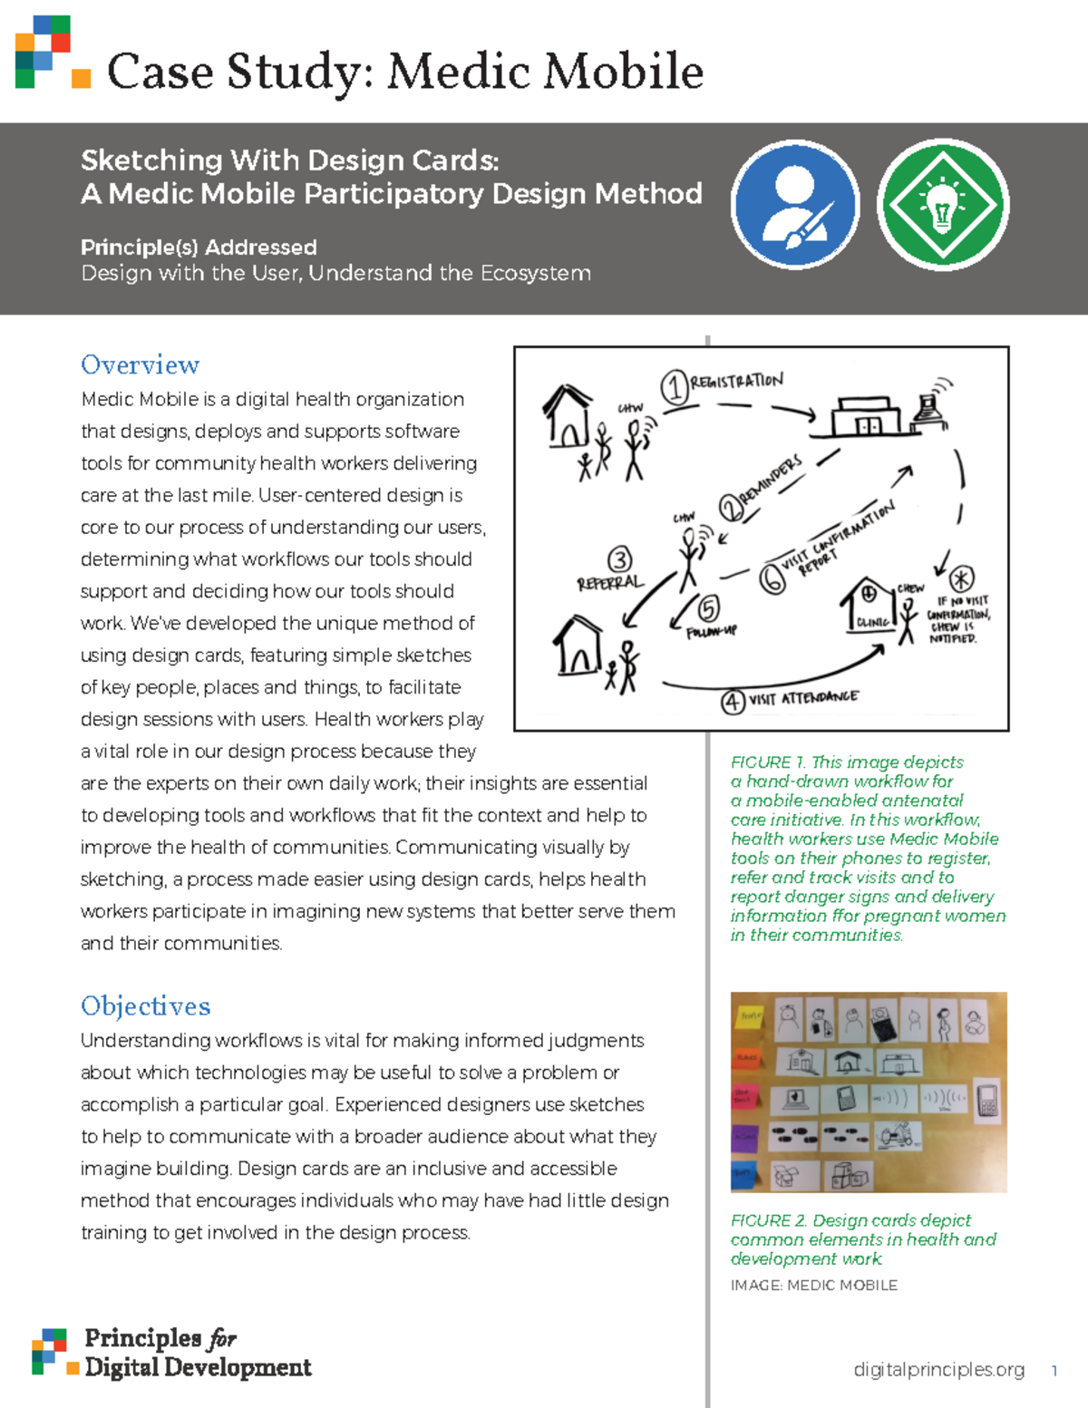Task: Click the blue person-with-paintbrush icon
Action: click(x=795, y=205)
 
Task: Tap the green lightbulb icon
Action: click(x=943, y=205)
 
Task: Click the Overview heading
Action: click(x=140, y=364)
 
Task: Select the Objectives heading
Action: click(x=145, y=1005)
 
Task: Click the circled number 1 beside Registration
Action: click(x=674, y=387)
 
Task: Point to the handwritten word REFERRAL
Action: click(x=609, y=582)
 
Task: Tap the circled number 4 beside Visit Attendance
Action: click(x=733, y=701)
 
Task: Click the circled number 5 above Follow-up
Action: click(x=708, y=608)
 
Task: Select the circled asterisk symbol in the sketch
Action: click(x=961, y=578)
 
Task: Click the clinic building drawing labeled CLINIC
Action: click(x=868, y=605)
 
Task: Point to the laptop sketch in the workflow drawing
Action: click(x=929, y=408)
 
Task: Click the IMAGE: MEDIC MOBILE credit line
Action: click(x=813, y=1285)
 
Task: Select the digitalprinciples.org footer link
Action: click(x=938, y=1369)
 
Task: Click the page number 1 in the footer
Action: click(x=1054, y=1370)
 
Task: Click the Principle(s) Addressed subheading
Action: click(x=199, y=247)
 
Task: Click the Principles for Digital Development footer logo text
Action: click(x=197, y=1353)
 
